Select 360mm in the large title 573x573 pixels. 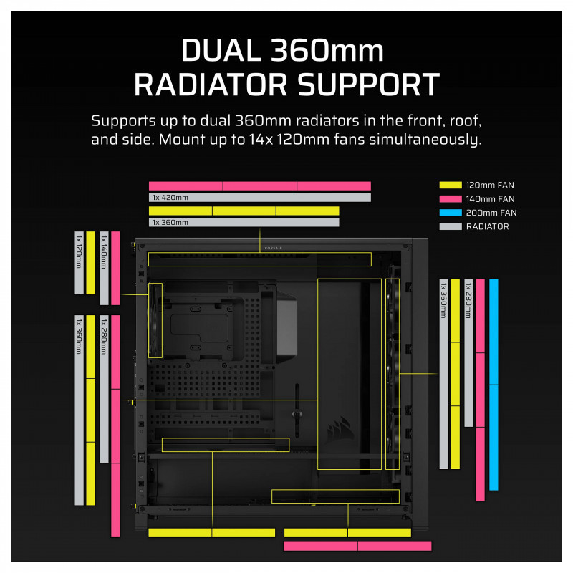point(325,52)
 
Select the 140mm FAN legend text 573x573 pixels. point(491,198)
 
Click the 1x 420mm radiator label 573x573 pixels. point(170,198)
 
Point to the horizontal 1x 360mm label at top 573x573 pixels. point(170,223)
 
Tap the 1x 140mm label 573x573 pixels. point(104,252)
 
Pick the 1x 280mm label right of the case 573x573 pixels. point(468,302)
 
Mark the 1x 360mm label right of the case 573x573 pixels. point(443,302)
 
